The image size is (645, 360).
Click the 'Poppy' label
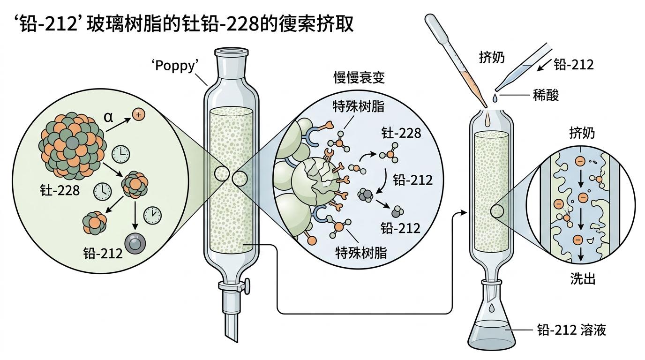(x=173, y=65)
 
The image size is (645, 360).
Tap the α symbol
(x=108, y=117)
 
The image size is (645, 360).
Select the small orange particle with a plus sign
(x=138, y=114)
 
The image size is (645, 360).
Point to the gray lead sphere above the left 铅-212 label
(x=136, y=243)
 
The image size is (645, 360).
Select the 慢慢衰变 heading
(x=359, y=78)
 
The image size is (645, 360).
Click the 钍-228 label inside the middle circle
(x=400, y=133)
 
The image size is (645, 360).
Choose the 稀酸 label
(x=546, y=96)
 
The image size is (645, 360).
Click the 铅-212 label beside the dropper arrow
(x=573, y=65)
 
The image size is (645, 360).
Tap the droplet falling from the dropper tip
(x=494, y=97)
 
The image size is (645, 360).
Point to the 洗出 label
(x=583, y=279)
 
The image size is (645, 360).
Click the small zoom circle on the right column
(x=497, y=212)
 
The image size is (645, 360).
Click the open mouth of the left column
(x=230, y=51)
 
